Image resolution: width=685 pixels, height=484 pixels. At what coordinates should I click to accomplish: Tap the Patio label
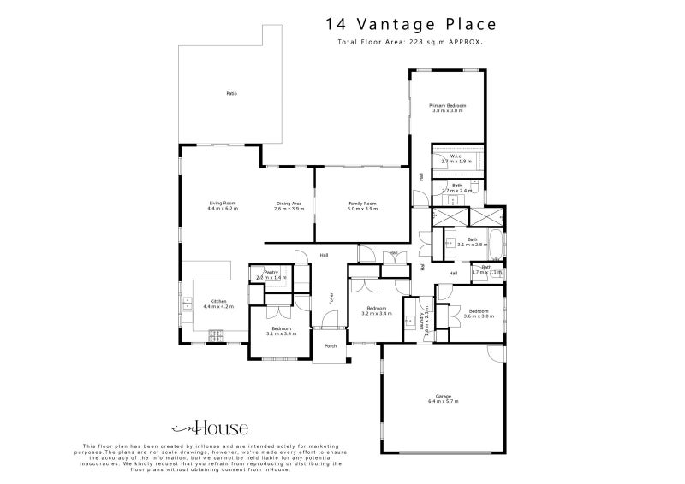[x=231, y=92]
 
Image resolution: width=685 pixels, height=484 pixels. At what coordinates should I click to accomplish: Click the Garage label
[x=443, y=396]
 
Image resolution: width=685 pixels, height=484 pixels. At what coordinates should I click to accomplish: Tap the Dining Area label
[x=289, y=204]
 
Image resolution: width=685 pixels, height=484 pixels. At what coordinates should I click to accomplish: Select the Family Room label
[x=361, y=204]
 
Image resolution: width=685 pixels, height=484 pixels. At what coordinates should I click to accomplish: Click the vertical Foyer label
[x=331, y=298]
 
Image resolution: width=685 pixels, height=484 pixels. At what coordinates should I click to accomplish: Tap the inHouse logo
[x=210, y=428]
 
